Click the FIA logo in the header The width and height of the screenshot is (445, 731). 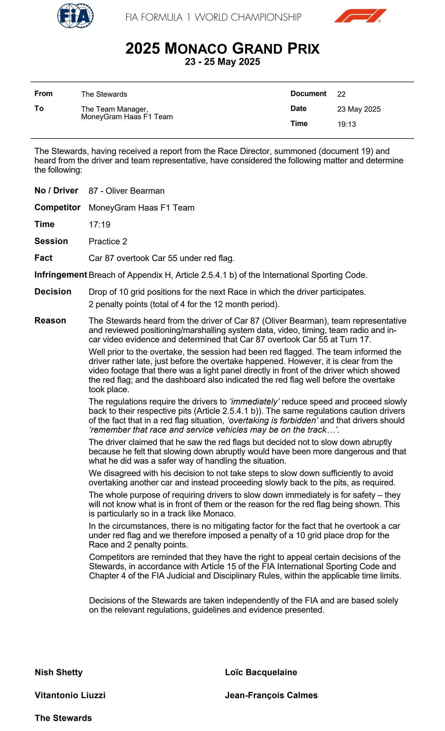tap(75, 16)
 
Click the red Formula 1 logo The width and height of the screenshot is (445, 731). tap(360, 16)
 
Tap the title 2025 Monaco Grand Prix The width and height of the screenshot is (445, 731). tap(222, 49)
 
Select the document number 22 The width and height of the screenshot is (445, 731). tap(341, 94)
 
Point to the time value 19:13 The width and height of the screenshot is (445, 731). tap(346, 124)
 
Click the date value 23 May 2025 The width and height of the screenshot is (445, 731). tap(359, 109)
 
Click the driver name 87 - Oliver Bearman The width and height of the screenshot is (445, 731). tap(126, 191)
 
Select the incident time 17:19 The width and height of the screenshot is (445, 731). tap(99, 225)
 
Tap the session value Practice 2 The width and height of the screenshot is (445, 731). tap(108, 241)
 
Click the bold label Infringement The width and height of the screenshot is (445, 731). tap(61, 275)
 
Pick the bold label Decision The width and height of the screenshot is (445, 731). tap(53, 292)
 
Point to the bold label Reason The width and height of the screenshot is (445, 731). tap(50, 321)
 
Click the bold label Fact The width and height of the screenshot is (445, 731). tap(43, 258)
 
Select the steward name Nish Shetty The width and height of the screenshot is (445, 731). tap(59, 672)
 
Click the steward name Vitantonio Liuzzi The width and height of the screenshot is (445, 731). tap(70, 695)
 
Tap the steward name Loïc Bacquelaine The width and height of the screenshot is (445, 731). tap(261, 672)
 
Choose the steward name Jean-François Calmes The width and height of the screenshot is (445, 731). tap(271, 695)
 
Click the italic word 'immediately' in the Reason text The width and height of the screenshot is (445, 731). tap(254, 402)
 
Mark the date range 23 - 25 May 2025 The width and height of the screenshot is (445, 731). tap(222, 62)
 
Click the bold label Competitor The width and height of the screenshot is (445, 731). tap(57, 207)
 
